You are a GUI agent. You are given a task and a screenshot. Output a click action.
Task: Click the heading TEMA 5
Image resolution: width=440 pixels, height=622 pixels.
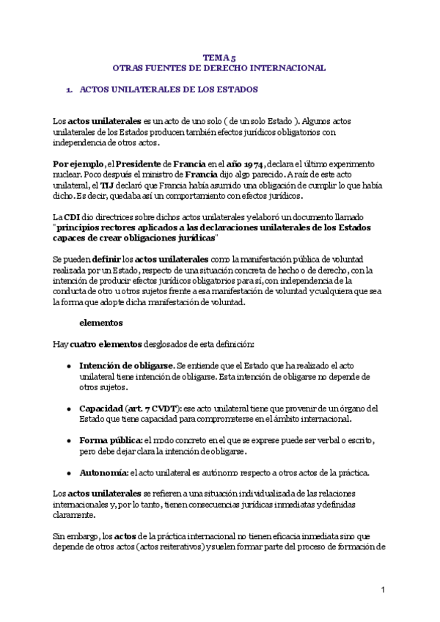point(219,56)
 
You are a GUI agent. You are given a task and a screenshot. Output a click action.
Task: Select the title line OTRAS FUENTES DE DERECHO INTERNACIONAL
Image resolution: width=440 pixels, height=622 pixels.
point(219,67)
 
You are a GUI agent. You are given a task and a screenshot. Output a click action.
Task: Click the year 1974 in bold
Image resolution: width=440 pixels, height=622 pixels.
point(250,163)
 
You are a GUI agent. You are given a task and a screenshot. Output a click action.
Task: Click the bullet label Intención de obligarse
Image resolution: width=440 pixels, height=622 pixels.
point(127,365)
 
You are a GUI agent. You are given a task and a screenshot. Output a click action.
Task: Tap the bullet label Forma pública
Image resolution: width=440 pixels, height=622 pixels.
point(110,439)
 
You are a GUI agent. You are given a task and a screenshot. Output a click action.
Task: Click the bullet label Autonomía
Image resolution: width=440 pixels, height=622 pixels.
point(103,471)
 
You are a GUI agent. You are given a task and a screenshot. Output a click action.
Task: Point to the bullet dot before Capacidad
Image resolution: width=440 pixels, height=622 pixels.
point(68,409)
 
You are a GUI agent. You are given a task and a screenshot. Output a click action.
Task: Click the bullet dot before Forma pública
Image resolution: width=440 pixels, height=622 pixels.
point(68,440)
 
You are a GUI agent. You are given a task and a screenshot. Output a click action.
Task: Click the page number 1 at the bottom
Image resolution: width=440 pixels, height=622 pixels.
point(383,589)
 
